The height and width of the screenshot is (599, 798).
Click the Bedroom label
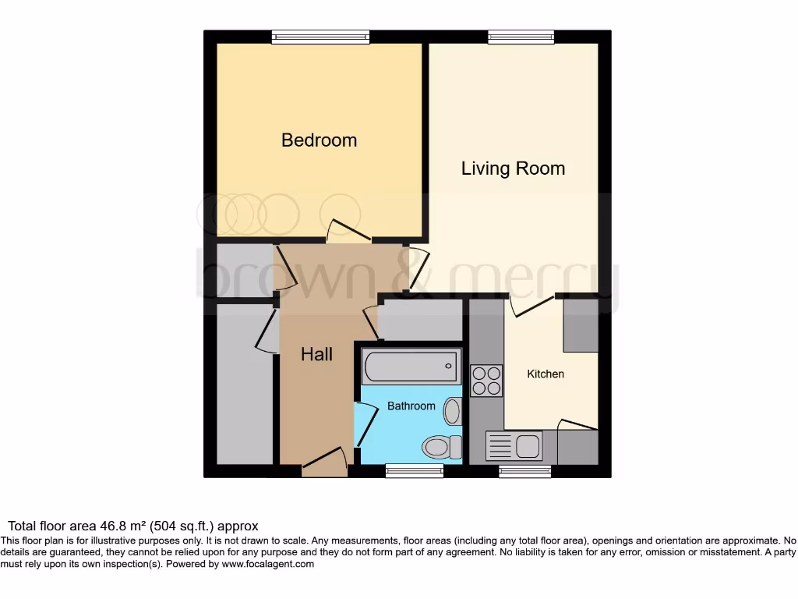319,140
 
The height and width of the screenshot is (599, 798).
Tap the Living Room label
513,168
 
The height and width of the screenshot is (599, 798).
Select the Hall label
316,355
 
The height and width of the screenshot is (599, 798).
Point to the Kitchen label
546,374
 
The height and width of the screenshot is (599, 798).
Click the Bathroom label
411,406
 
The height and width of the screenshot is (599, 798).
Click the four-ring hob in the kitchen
486,380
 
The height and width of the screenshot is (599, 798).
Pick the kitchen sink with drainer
514,447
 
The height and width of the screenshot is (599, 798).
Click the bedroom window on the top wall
320,37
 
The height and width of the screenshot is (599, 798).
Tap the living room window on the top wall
521,37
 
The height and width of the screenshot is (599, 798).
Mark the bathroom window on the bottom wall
415,470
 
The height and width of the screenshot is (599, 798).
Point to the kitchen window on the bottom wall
525,470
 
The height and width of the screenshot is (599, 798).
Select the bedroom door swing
343,230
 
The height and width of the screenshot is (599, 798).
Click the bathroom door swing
364,424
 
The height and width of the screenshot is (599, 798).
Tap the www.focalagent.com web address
267,564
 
